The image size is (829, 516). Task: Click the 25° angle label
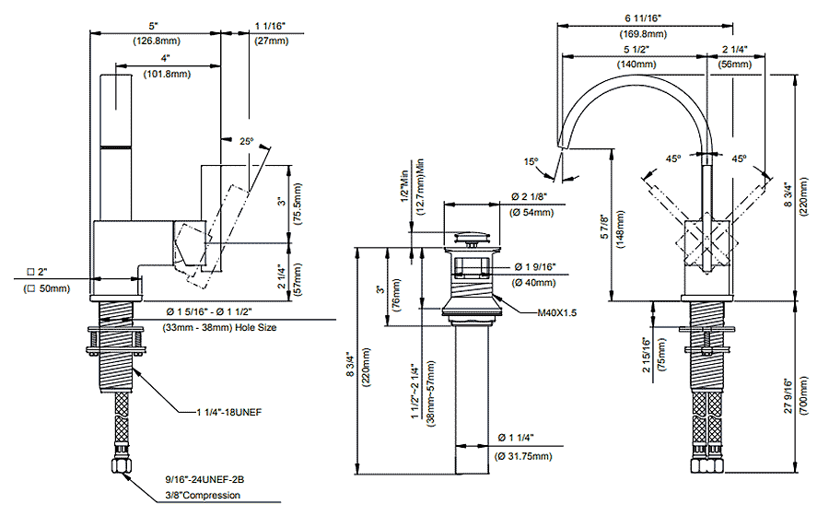(246, 142)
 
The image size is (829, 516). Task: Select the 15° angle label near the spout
(531, 161)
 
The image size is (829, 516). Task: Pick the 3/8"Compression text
(203, 495)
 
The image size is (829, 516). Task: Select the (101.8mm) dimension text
(165, 74)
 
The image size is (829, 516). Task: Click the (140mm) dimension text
(636, 64)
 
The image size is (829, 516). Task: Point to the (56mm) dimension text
(734, 64)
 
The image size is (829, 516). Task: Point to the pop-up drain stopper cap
(475, 240)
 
